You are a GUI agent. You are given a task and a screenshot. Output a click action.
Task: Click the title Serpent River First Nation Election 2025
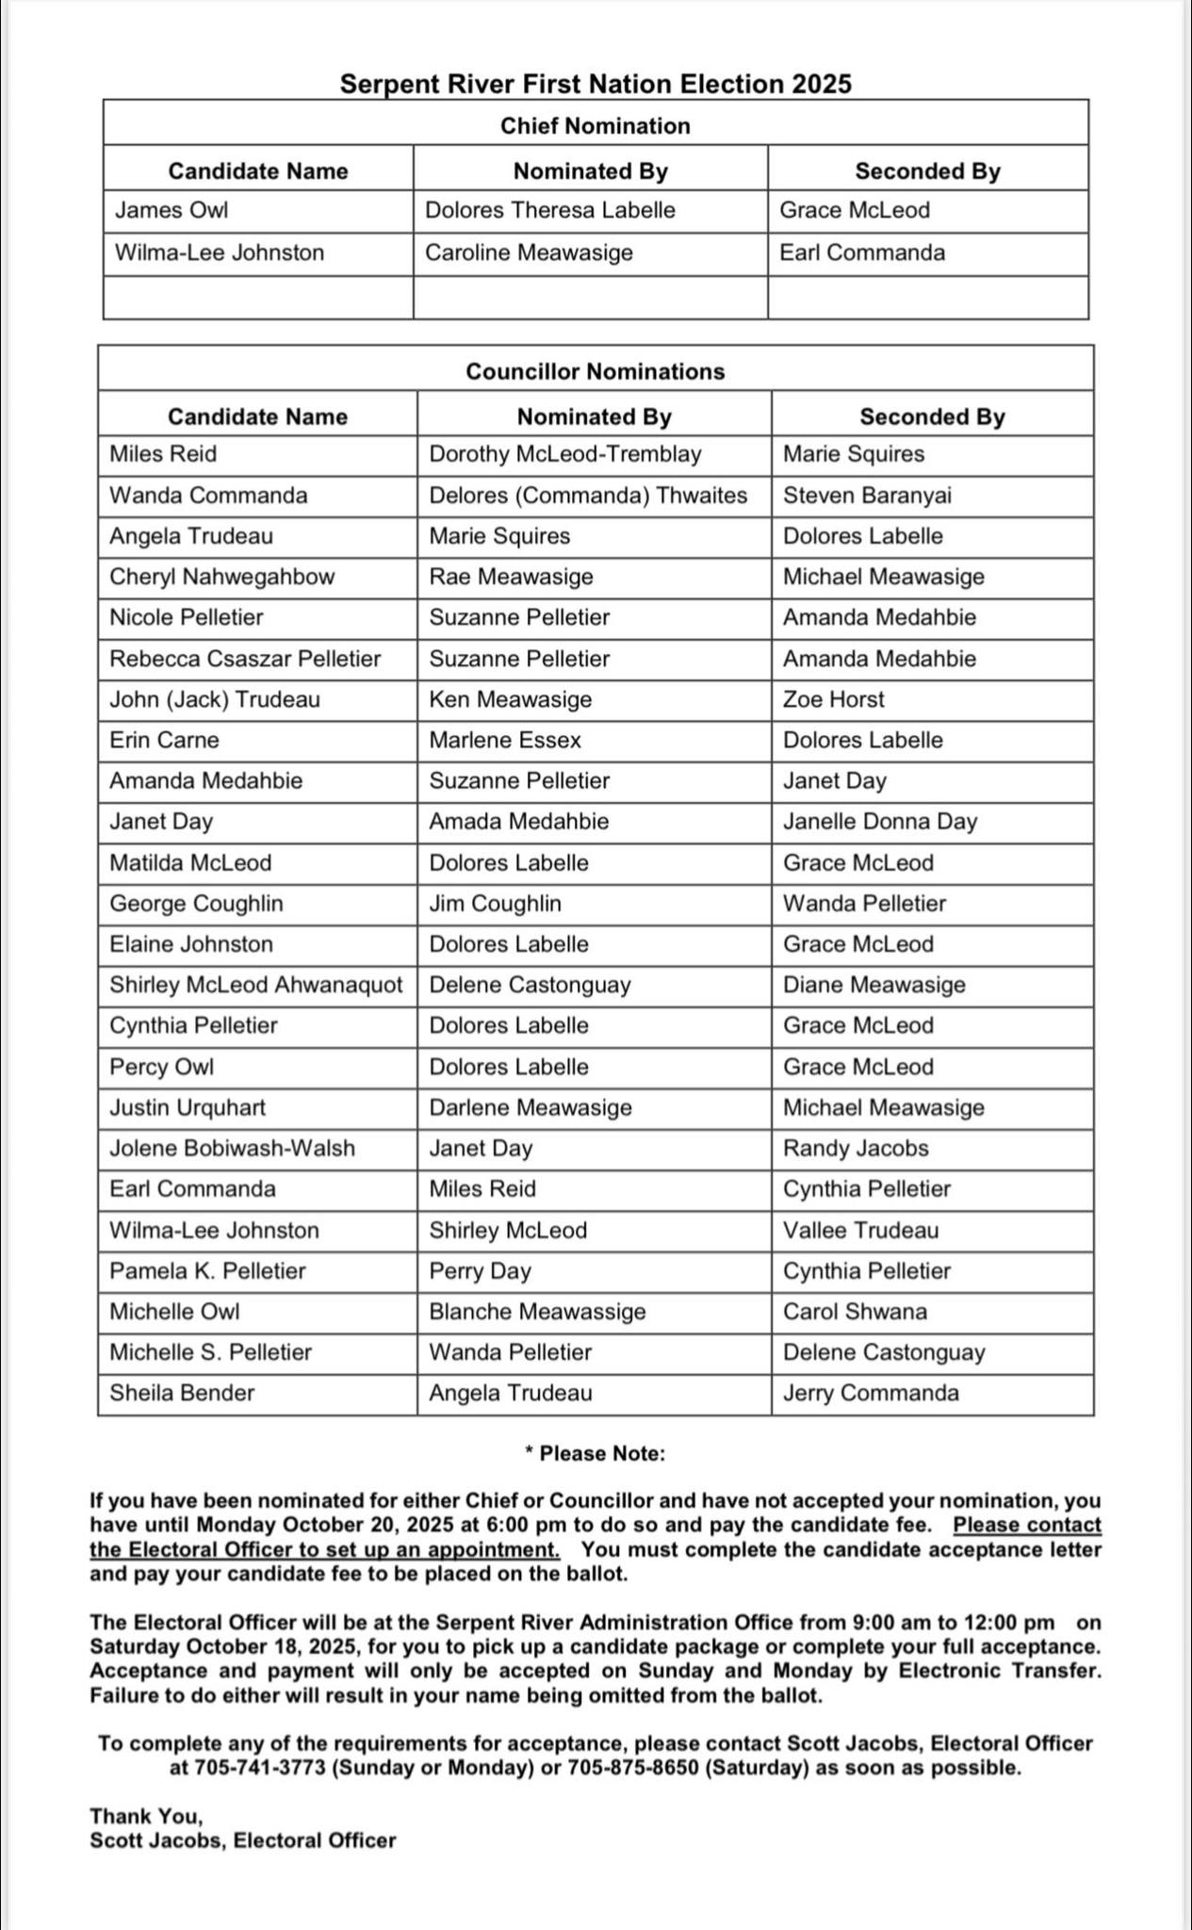(596, 85)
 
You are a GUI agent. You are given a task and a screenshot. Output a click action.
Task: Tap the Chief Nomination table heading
(596, 126)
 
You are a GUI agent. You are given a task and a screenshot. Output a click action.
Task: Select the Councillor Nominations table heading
(596, 371)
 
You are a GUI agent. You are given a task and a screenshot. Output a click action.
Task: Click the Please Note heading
(596, 1453)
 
